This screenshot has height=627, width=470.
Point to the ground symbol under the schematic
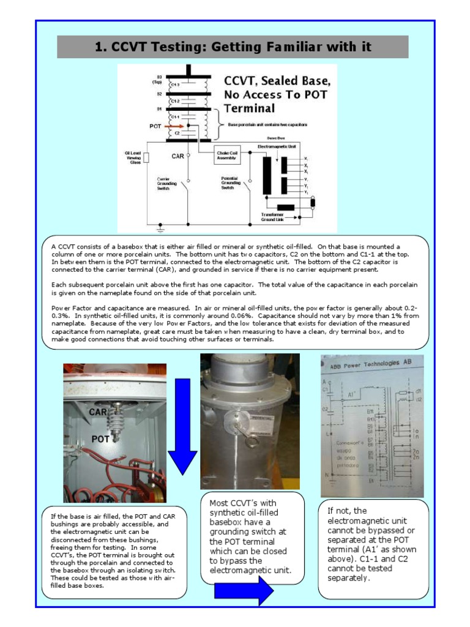click(x=160, y=231)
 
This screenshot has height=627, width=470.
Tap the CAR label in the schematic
click(x=177, y=156)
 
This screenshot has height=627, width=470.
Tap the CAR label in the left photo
click(x=99, y=412)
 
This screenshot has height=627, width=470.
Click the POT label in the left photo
click(x=101, y=439)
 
